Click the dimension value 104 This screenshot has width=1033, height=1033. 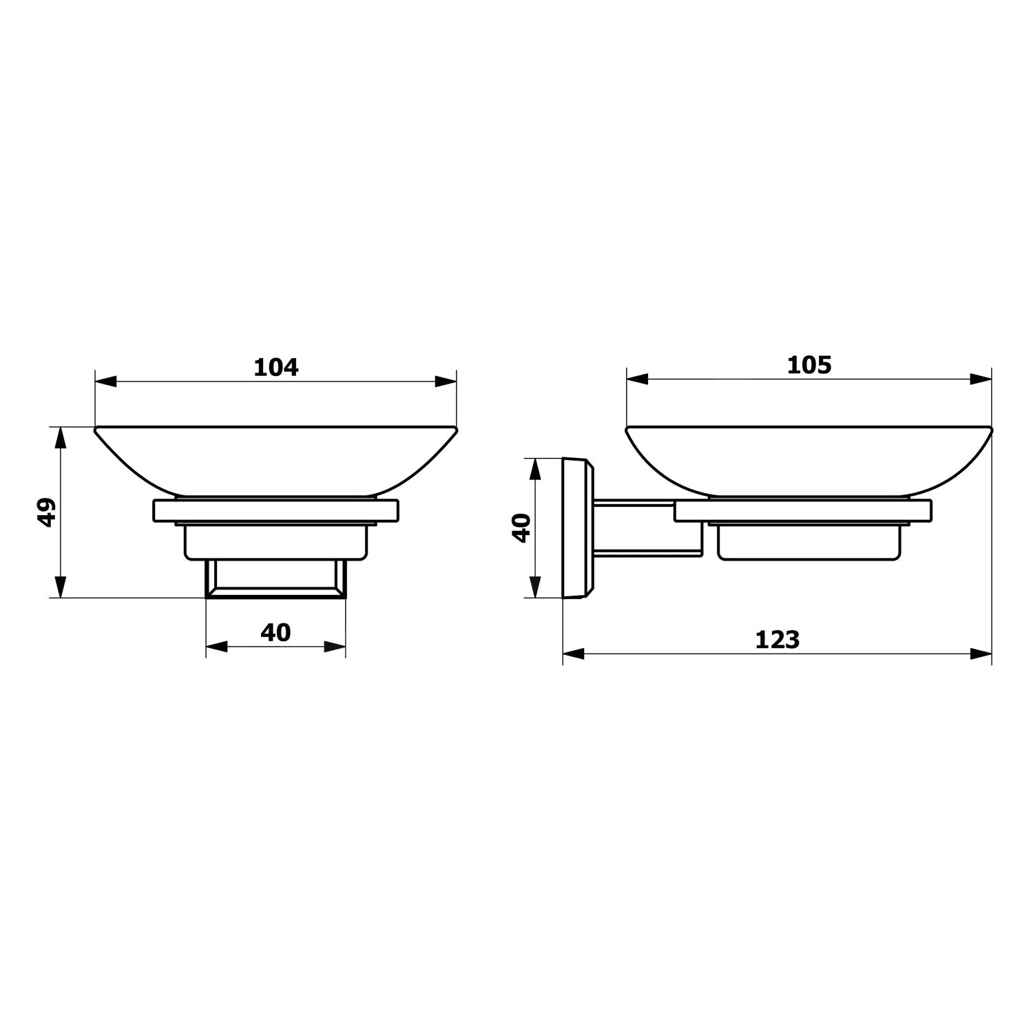click(276, 367)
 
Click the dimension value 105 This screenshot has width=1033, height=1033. click(809, 365)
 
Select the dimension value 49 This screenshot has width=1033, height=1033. click(46, 513)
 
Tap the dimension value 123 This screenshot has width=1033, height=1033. click(778, 640)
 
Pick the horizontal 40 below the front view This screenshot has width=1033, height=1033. click(275, 632)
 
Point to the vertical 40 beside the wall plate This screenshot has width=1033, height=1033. click(522, 528)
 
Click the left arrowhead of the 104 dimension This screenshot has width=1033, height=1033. click(105, 382)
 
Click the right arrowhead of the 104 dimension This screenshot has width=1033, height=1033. click(446, 382)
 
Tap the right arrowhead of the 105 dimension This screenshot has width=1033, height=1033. click(981, 379)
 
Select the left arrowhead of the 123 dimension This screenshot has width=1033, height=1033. click(574, 654)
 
